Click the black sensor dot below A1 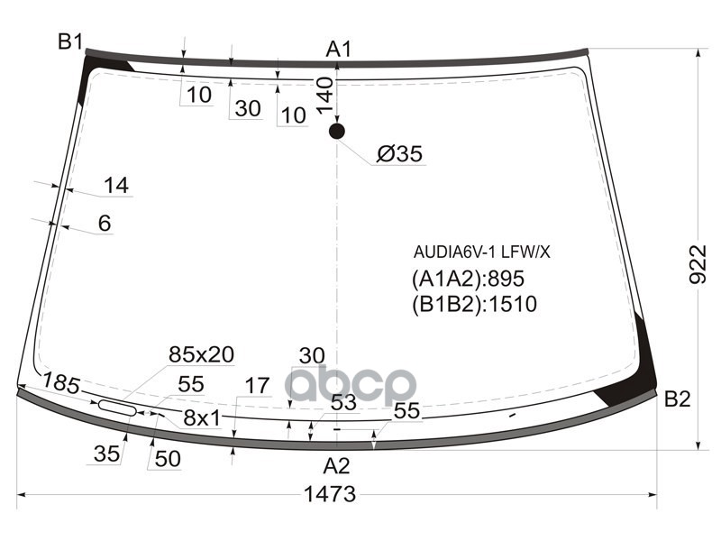tap(336, 132)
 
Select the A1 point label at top tap(339, 50)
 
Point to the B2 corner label tap(677, 399)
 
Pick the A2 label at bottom tap(336, 466)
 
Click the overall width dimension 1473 tap(330, 494)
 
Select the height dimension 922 tap(699, 265)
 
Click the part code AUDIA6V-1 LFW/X tap(481, 252)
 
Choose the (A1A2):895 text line tap(468, 279)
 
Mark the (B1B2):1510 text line tap(474, 305)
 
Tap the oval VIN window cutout tap(117, 408)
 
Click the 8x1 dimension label tap(202, 417)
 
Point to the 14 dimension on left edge tap(115, 186)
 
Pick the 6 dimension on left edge tap(105, 224)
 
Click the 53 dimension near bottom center tap(343, 403)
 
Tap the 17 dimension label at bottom tap(257, 387)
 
